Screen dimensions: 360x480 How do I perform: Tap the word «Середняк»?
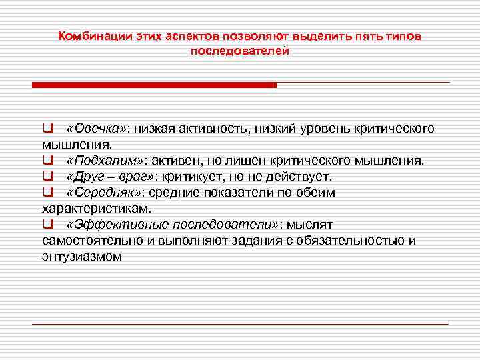pyautogui.click(x=105, y=193)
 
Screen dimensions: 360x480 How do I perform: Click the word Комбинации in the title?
pyautogui.click(x=91, y=37)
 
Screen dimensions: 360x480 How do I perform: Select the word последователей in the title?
pyautogui.click(x=240, y=51)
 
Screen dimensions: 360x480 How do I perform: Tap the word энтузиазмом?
pyautogui.click(x=82, y=257)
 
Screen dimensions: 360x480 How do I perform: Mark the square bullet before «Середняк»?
pyautogui.click(x=47, y=193)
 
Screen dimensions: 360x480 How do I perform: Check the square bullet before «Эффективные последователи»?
pyautogui.click(x=47, y=225)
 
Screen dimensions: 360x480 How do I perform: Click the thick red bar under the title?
pyautogui.click(x=154, y=85)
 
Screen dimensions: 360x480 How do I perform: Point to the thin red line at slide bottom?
pyautogui.click(x=240, y=324)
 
